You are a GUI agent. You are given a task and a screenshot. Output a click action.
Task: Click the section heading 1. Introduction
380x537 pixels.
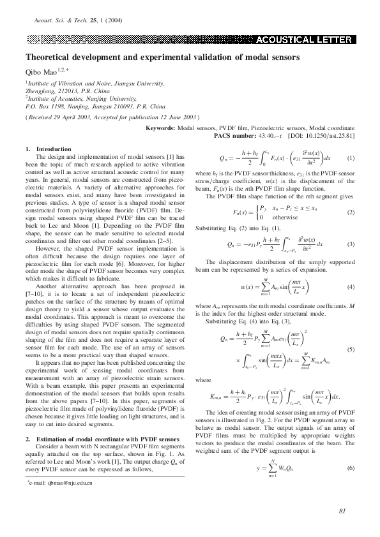[x=49, y=149]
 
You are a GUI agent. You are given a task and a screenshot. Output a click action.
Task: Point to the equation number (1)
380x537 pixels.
[x=351, y=158]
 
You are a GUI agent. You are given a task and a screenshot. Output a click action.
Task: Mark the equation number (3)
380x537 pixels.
[x=351, y=244]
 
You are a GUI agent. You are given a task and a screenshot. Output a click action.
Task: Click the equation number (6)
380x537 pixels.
[x=351, y=468]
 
